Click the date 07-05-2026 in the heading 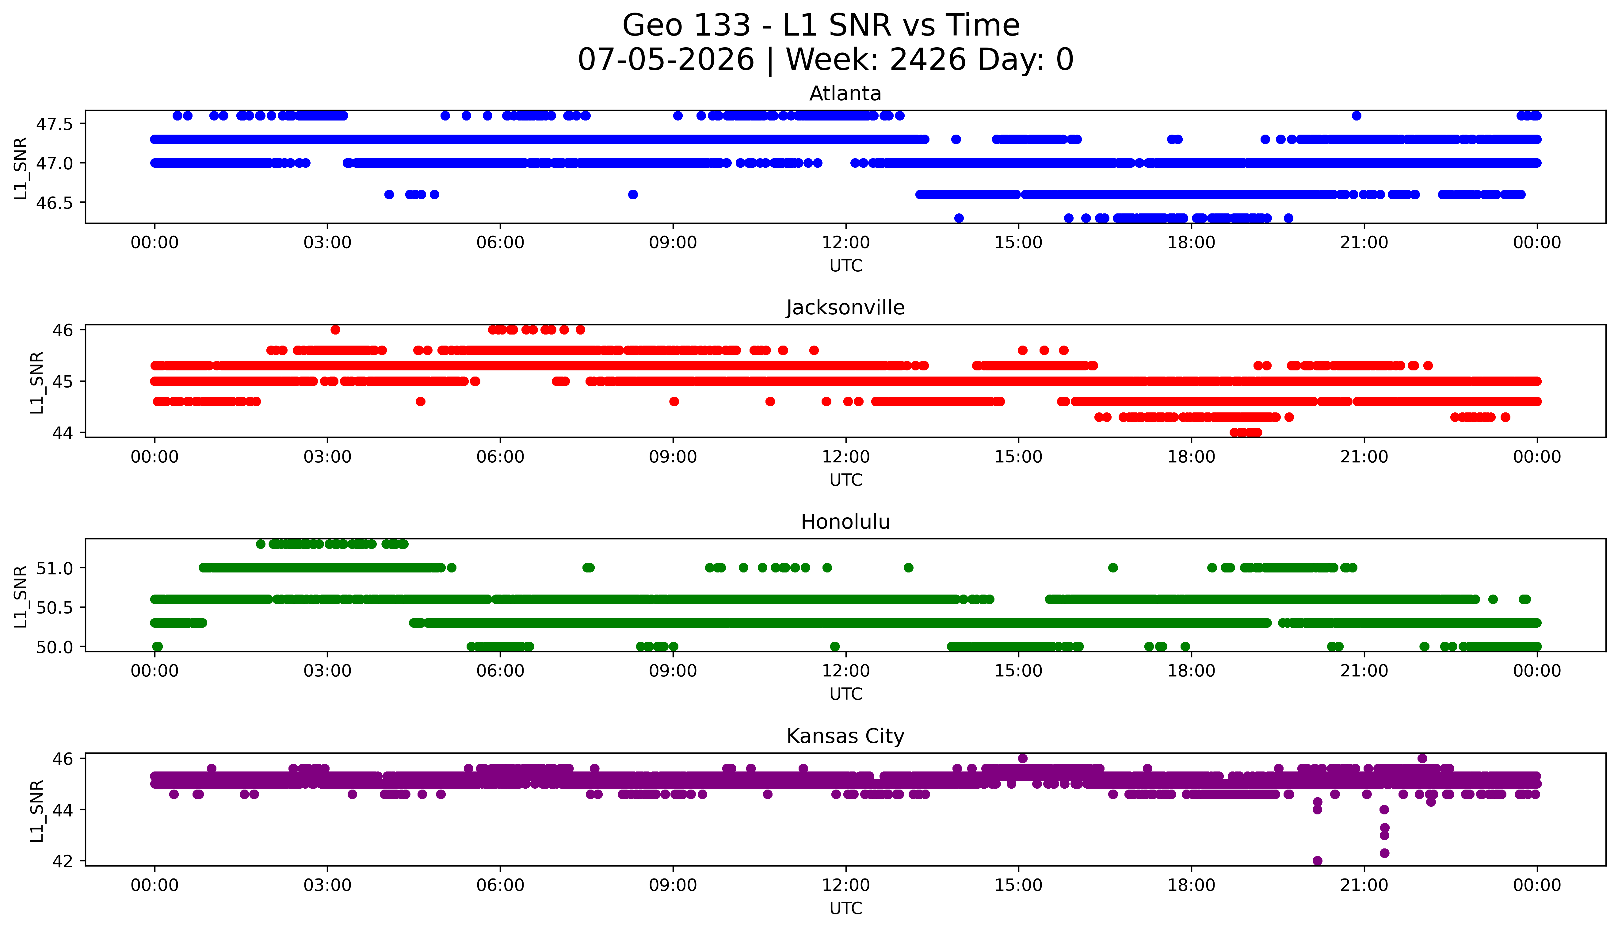(666, 60)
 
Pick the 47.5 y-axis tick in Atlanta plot (55, 124)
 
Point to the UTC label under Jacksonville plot (845, 480)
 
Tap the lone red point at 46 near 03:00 (335, 330)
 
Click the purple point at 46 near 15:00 (1022, 758)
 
